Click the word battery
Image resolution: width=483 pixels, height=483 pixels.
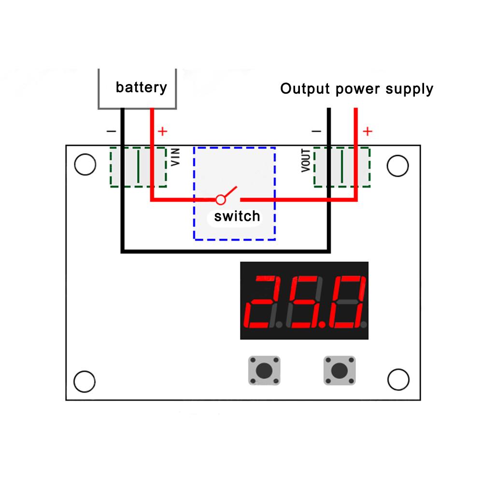(141, 87)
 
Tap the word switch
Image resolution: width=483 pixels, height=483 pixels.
(237, 216)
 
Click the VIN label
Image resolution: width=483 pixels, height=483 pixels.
(176, 157)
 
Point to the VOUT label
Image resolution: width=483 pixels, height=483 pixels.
(306, 159)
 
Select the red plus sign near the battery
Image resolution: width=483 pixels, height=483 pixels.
(163, 131)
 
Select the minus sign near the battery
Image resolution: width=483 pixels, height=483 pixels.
(111, 131)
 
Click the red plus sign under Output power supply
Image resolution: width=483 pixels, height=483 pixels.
(368, 131)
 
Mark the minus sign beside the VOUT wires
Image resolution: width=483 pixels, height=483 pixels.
(316, 131)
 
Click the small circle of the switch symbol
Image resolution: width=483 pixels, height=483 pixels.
(221, 199)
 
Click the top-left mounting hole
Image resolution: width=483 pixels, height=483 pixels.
(85, 165)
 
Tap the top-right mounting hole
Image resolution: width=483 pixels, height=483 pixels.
(398, 166)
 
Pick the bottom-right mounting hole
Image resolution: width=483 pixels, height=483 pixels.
(398, 379)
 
